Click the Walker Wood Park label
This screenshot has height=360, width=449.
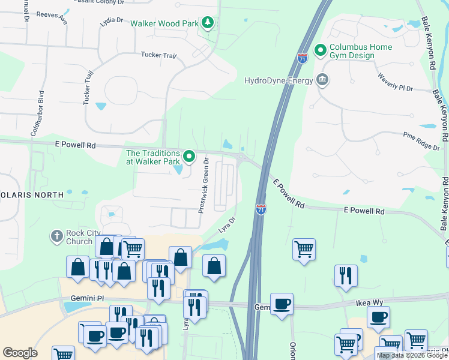pos(165,23)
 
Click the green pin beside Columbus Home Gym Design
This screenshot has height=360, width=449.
pos(320,50)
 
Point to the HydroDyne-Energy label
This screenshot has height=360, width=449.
pos(279,80)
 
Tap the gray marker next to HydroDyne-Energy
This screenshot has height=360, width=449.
pos(322,80)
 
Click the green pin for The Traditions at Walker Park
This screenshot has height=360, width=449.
pos(190,157)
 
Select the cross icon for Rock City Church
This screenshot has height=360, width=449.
pos(56,236)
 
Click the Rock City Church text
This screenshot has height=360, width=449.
pos(79,238)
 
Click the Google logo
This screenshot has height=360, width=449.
pos(20,352)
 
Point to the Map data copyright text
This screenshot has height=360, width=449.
pos(412,355)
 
